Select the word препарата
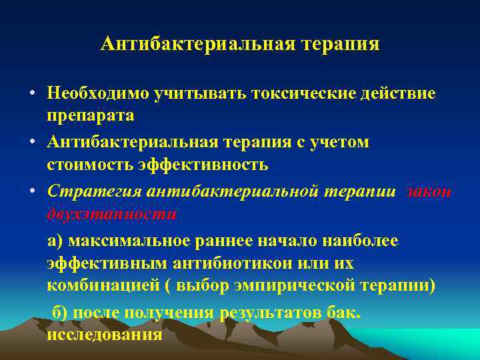coord(90,115)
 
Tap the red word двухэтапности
coord(111,214)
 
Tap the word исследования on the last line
coord(104,334)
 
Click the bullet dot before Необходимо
coord(32,93)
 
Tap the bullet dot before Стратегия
coord(32,191)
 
